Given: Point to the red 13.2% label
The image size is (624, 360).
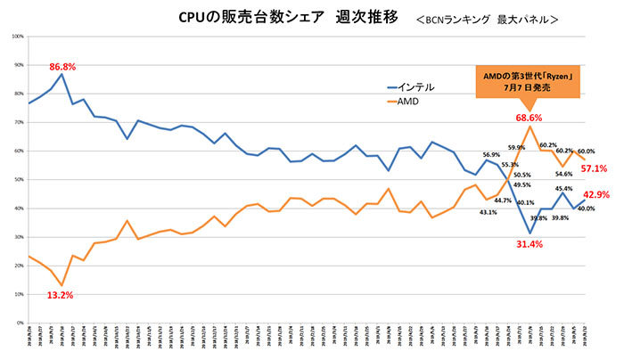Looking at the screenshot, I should [x=60, y=294].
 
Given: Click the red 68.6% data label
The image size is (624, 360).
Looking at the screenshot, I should [x=530, y=118].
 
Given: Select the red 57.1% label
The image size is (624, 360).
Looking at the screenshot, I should [x=595, y=168].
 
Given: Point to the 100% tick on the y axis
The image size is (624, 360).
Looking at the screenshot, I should [x=17, y=37].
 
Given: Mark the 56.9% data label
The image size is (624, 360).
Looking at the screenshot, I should [x=491, y=154].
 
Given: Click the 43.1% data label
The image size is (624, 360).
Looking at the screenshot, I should [x=488, y=212].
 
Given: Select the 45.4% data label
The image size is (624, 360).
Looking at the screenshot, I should [x=564, y=188].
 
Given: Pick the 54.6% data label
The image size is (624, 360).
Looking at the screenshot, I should [x=564, y=174].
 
